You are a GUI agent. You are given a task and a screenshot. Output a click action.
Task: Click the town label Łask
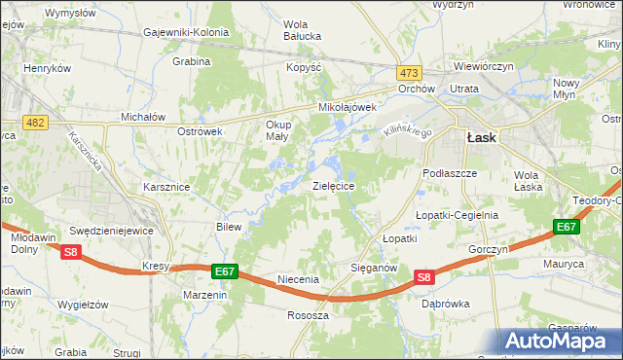click(481, 138)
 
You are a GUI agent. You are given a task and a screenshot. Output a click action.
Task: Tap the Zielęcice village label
click(339, 185)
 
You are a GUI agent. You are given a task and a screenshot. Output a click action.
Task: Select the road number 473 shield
click(409, 73)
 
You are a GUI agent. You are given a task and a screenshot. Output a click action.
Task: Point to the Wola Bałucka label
click(302, 32)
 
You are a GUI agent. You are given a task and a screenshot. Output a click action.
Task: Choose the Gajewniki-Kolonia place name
click(186, 32)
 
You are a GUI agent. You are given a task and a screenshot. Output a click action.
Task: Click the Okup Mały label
click(278, 130)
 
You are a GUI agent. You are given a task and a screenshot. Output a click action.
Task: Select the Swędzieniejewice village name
click(114, 232)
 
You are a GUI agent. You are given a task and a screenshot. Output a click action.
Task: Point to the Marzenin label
click(205, 295)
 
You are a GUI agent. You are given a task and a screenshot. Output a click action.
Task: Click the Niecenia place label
click(299, 279)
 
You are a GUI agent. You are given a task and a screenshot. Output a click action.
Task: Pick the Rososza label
click(309, 315)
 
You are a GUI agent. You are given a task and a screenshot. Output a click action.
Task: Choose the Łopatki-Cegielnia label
click(457, 215)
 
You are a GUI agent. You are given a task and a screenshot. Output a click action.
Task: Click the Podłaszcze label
click(450, 172)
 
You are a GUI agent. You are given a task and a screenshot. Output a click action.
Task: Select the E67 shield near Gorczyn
click(567, 227)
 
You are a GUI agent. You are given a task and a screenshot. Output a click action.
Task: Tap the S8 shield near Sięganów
click(423, 277)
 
